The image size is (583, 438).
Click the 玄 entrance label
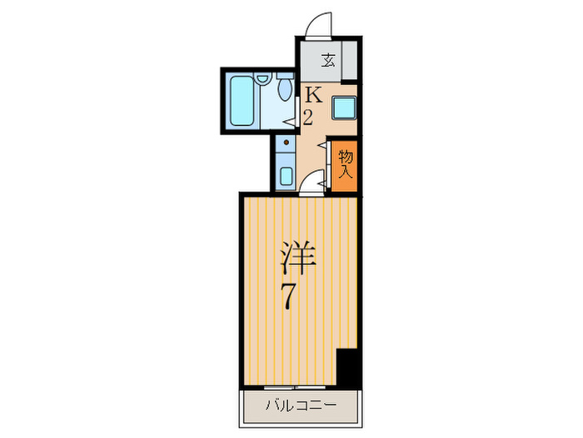[328, 59]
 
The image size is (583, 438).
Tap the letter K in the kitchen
[311, 94]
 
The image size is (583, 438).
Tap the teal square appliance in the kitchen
[343, 108]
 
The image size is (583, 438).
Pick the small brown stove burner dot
[286, 143]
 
